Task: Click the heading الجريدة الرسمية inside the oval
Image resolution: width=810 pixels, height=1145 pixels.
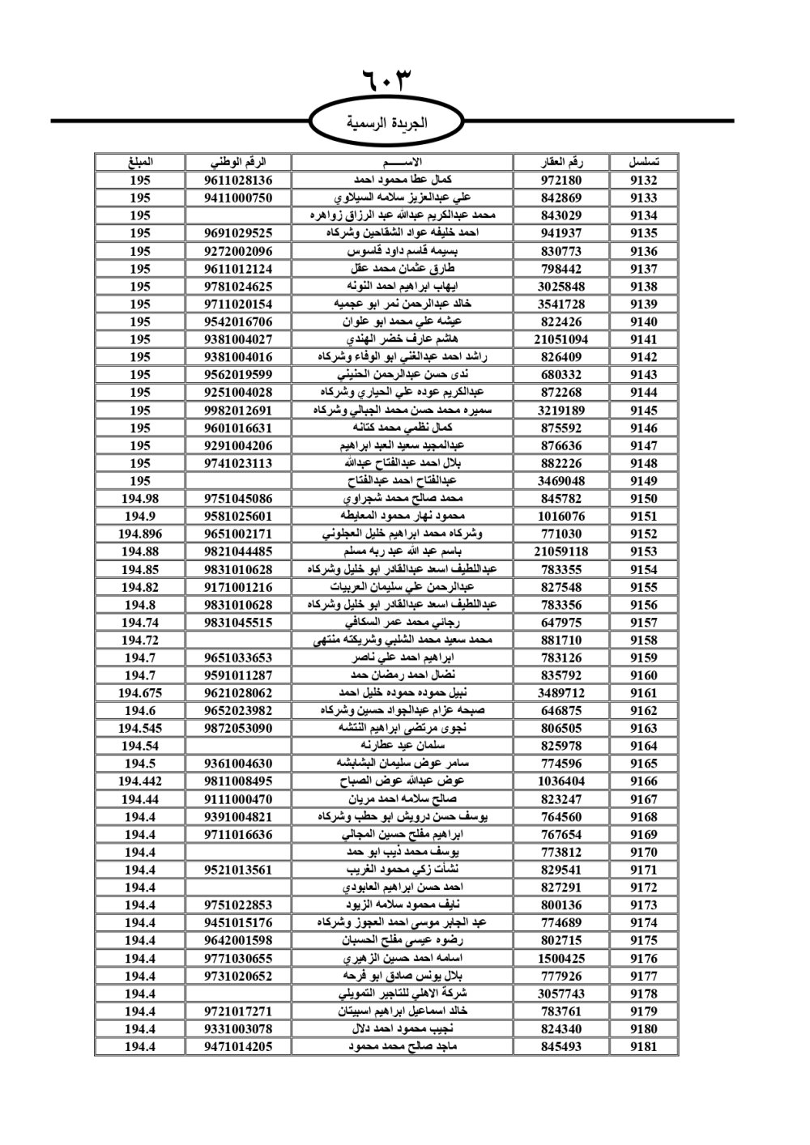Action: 387,123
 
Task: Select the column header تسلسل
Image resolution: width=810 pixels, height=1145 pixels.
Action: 643,162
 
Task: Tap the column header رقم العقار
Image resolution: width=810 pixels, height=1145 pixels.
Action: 561,162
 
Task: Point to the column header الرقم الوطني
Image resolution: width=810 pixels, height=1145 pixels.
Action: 238,162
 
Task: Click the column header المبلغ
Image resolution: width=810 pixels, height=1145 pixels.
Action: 139,162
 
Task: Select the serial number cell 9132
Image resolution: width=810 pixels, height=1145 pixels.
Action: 643,180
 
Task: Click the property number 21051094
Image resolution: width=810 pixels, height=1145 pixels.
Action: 561,339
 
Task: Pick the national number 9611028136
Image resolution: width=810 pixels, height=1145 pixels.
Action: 238,180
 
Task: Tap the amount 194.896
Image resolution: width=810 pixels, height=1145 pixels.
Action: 139,534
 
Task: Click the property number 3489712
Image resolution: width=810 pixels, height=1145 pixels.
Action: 561,693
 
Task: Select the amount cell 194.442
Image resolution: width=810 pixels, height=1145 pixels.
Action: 139,781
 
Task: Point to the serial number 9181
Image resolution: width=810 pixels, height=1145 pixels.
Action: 643,1046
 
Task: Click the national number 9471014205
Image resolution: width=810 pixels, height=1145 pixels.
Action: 238,1046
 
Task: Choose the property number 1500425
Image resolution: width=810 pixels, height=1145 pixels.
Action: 561,958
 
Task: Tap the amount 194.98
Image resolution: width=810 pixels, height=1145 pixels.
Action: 139,499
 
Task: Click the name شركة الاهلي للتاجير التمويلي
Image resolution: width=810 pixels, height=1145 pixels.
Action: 403,994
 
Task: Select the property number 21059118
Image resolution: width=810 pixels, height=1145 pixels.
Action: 561,551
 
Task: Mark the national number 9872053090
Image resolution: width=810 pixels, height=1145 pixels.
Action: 238,728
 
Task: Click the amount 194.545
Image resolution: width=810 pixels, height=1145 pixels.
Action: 139,728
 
